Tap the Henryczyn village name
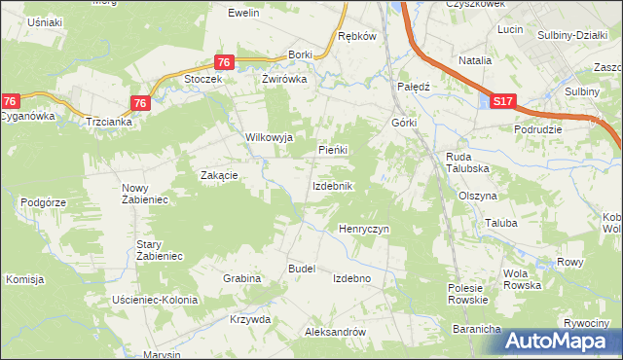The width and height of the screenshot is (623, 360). [x=363, y=229]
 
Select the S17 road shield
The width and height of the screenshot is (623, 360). [x=501, y=101]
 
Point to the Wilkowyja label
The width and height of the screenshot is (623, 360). [x=269, y=137]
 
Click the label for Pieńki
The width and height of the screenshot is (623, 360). [x=333, y=150]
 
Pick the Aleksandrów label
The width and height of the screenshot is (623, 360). [x=335, y=332]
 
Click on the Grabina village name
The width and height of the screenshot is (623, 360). [x=241, y=278]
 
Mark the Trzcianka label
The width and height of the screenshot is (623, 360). [x=109, y=123]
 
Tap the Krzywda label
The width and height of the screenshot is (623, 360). [x=250, y=319]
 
